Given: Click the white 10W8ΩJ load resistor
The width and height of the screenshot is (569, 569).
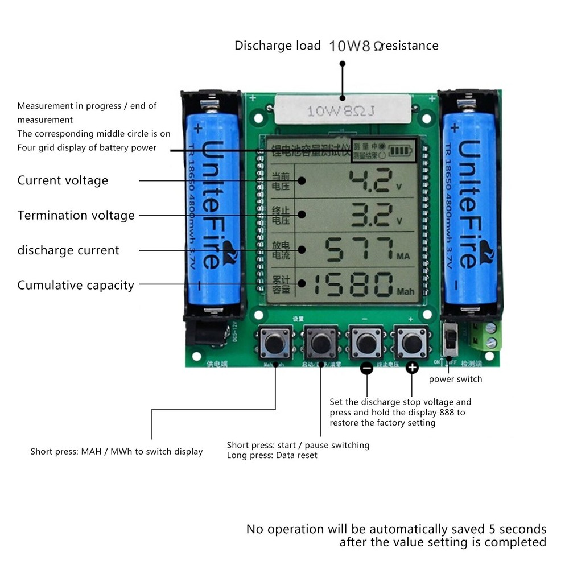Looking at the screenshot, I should (341, 110).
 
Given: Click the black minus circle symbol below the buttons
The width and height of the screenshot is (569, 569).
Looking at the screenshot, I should (367, 369).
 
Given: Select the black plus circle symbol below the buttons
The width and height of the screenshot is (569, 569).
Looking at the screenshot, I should (413, 368).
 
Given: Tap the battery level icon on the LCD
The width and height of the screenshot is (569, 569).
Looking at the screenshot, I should (402, 152).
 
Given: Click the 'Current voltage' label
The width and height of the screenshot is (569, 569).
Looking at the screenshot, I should (63, 180).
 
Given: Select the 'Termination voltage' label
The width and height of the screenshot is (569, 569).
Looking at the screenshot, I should (76, 215).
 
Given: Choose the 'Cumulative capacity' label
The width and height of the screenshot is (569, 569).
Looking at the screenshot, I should (76, 285).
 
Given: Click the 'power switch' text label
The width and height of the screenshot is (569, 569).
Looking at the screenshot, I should (455, 379).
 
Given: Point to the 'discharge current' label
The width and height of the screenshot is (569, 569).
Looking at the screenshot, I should (68, 250).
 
